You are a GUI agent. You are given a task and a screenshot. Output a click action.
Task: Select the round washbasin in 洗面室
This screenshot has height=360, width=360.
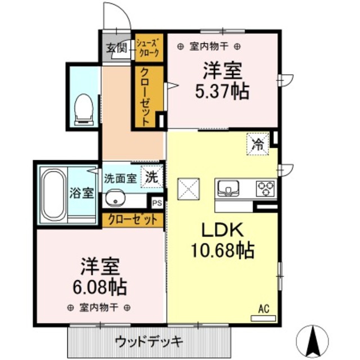coord(116,198)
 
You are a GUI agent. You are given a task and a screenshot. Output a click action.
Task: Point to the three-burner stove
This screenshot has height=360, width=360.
coord(265,187)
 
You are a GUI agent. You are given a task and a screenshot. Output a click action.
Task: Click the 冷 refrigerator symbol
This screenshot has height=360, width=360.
coord(258,144)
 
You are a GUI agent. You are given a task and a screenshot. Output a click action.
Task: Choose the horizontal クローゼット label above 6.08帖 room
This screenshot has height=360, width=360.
coord(133,219)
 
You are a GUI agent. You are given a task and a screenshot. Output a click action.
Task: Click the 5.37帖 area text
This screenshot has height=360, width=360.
coord(222,91)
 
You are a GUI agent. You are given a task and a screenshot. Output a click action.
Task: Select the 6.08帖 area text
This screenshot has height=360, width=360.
coord(94,287)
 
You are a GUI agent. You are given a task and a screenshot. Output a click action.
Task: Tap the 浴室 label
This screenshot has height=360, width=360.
coord(82,193)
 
